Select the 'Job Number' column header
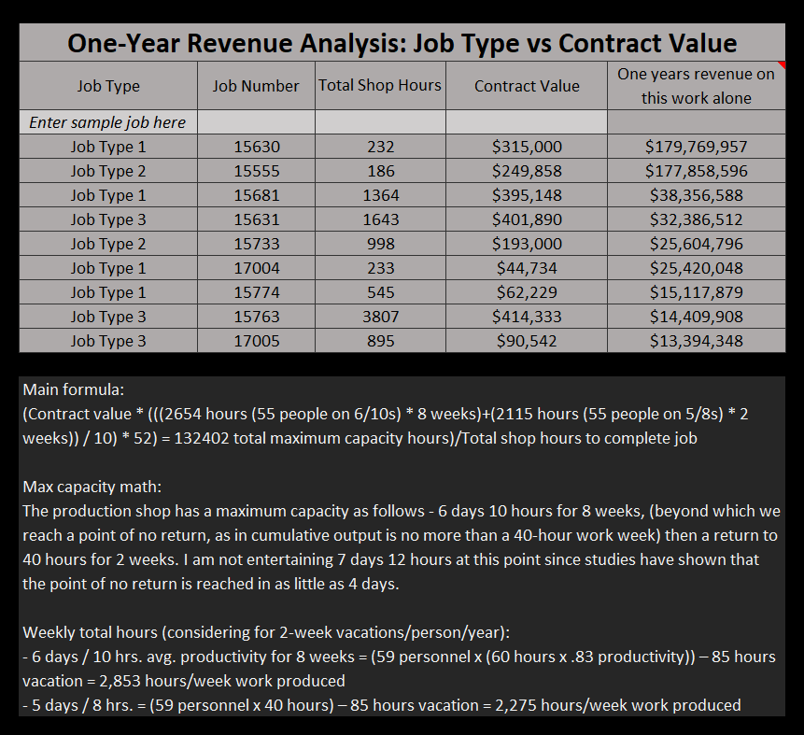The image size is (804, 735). point(256,86)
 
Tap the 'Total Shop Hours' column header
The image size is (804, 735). point(380,85)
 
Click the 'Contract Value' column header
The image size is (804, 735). point(527,86)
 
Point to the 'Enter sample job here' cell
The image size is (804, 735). point(107,122)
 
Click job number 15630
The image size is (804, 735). point(256,147)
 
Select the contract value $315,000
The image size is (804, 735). point(527,147)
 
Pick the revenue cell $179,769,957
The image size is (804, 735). point(696,147)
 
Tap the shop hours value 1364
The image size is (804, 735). point(380,195)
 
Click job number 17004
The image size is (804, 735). point(256,268)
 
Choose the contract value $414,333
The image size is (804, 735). point(527,317)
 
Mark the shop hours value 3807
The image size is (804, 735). point(380,317)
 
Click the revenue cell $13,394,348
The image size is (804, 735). point(696,341)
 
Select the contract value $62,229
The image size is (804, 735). point(527,292)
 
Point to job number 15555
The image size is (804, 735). point(256,171)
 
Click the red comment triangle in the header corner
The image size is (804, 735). point(781,65)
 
